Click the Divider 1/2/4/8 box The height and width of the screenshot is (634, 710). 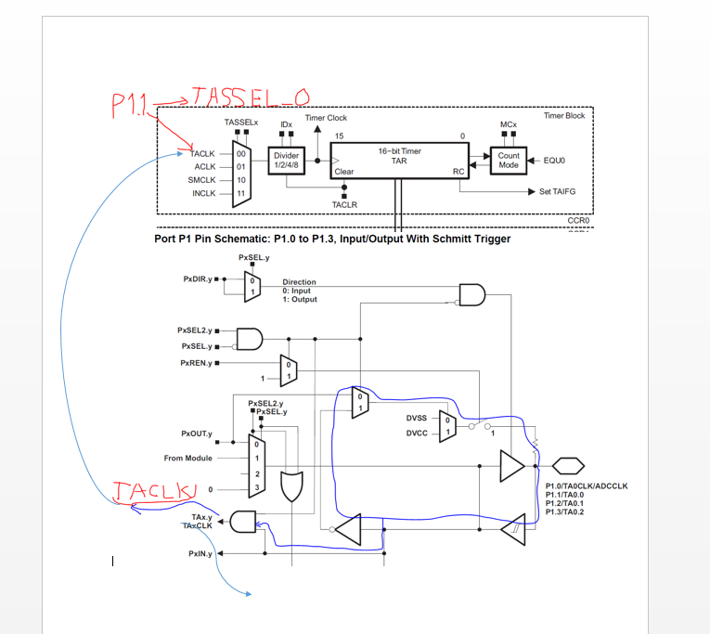286,161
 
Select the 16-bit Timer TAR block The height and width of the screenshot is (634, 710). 399,161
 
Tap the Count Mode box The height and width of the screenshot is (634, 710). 509,161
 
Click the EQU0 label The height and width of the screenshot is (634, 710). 554,161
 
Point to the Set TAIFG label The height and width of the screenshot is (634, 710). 558,191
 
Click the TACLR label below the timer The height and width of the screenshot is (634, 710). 344,205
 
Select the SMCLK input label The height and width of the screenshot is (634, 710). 201,180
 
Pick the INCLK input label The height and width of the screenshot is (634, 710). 204,193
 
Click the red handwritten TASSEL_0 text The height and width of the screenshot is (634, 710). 251,97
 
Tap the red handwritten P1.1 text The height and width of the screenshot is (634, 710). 129,106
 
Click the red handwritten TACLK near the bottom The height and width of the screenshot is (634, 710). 155,491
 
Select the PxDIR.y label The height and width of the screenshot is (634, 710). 198,279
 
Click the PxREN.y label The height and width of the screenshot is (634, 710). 196,363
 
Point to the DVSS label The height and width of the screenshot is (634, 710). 417,418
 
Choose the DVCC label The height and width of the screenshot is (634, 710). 417,433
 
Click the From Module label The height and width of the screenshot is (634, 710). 187,458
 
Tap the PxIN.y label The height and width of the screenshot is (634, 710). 200,553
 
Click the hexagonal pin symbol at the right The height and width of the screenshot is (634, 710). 568,466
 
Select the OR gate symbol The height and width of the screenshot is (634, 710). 292,486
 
